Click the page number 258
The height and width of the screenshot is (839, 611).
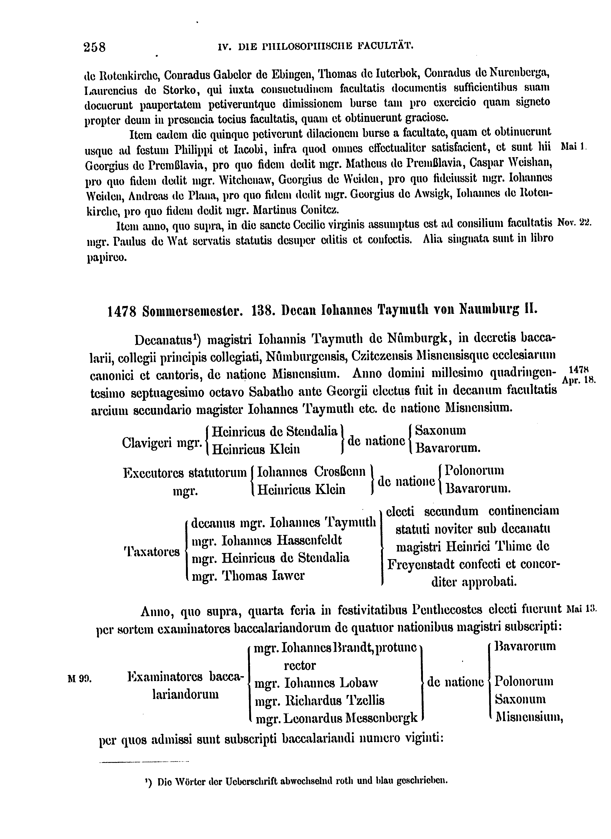pyautogui.click(x=95, y=47)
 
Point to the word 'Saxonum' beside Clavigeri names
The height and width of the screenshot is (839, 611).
pyautogui.click(x=440, y=431)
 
